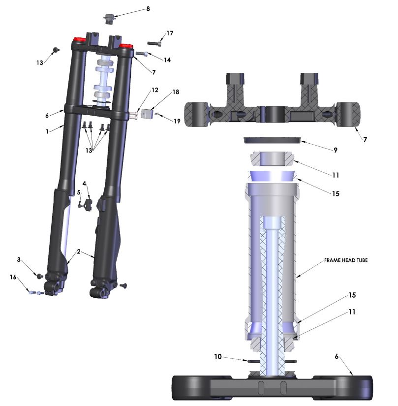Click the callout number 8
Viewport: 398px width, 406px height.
coord(148,9)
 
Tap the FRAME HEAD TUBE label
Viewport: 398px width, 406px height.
coord(346,260)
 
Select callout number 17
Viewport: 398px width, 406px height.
coord(170,33)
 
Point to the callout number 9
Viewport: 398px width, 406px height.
coord(336,150)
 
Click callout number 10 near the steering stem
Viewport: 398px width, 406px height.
coord(218,357)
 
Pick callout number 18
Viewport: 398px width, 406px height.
coord(176,92)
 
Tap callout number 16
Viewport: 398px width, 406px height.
coord(13,277)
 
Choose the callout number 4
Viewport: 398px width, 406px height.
coord(84,184)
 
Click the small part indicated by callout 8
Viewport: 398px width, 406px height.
coord(109,19)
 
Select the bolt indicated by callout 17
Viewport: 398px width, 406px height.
coord(154,43)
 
